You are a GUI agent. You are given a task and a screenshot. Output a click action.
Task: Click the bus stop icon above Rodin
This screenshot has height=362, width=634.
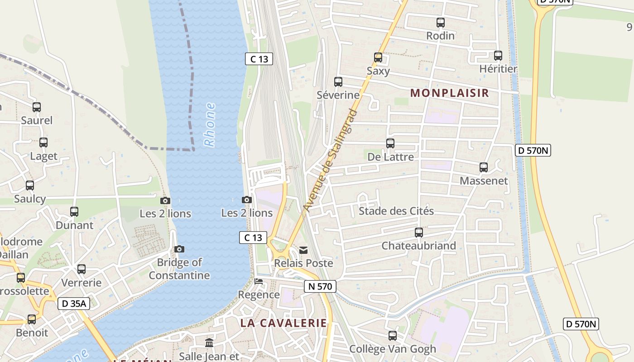click(x=440, y=22)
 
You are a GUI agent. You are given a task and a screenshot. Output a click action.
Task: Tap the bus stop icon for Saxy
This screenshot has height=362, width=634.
click(x=378, y=57)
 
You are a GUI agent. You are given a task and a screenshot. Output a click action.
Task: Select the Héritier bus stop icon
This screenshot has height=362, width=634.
click(x=498, y=56)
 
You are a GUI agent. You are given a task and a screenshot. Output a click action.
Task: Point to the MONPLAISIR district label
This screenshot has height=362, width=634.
click(x=449, y=93)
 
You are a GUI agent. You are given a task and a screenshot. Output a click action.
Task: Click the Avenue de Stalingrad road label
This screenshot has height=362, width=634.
click(x=330, y=161)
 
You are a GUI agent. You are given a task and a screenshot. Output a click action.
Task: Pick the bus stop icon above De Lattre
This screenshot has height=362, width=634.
click(x=390, y=143)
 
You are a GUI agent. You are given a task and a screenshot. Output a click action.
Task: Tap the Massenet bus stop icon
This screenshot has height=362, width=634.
click(x=484, y=167)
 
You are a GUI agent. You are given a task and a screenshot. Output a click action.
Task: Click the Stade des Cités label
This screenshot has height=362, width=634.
click(x=396, y=211)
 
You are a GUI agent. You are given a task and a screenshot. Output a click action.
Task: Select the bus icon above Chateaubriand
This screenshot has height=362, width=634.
click(x=419, y=233)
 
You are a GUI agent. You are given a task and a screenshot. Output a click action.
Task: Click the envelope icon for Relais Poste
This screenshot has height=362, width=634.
click(x=303, y=250)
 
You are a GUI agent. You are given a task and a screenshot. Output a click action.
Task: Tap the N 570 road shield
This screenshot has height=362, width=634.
click(x=320, y=286)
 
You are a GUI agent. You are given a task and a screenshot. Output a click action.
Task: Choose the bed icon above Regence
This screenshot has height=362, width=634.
click(x=259, y=281)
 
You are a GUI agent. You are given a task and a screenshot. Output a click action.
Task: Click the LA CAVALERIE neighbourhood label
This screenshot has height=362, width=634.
click(x=283, y=323)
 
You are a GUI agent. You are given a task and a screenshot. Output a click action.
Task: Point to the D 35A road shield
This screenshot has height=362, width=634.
click(x=74, y=303)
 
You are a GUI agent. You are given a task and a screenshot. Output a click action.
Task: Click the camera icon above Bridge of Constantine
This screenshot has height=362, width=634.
click(x=179, y=249)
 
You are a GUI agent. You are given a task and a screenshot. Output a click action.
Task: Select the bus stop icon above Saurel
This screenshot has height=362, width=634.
click(x=37, y=107)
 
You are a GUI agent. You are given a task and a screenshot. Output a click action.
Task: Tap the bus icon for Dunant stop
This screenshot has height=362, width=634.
click(x=74, y=211)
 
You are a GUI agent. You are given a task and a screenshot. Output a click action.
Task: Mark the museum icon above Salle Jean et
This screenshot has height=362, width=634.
click(x=209, y=343)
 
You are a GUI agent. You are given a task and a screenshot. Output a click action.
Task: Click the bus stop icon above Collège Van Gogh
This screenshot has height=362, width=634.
click(x=393, y=336)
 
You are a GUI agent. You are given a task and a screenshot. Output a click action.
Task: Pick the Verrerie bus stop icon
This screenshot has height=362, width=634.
click(x=82, y=269)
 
